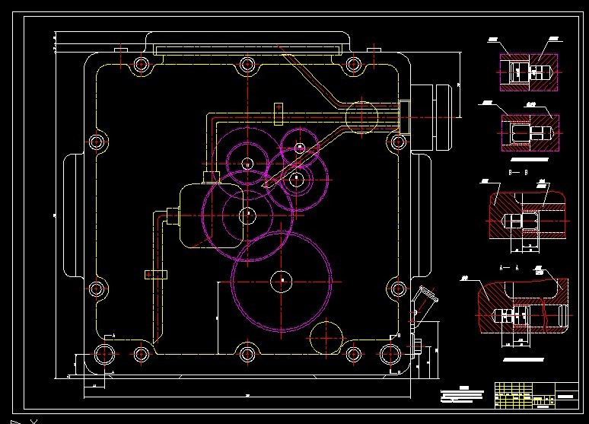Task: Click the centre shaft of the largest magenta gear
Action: point(282,281)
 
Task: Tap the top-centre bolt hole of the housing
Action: point(246,65)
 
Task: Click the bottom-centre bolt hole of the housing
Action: point(246,353)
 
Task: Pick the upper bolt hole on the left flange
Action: point(97,142)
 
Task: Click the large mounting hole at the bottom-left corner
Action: point(103,353)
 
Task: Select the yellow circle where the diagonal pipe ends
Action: point(362,116)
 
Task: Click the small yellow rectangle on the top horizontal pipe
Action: point(279,112)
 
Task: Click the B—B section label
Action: point(514,174)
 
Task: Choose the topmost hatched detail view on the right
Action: point(528,69)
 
